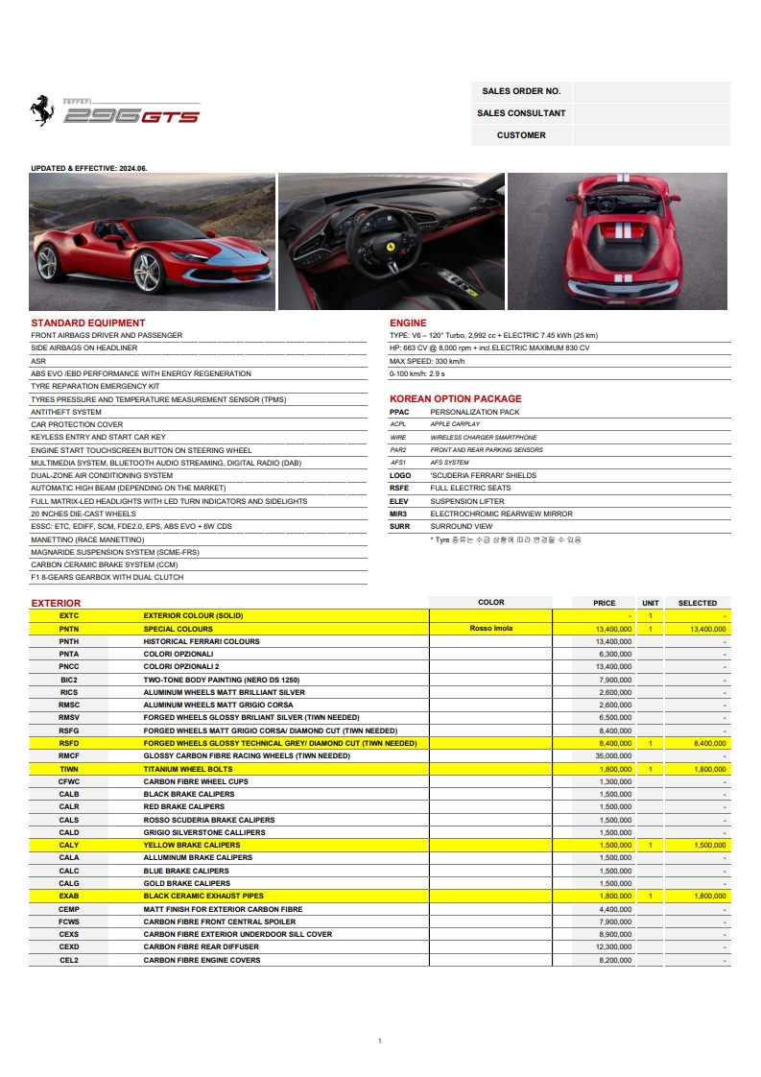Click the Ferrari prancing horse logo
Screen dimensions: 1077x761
(x=42, y=111)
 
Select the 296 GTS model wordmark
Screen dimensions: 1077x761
(x=131, y=116)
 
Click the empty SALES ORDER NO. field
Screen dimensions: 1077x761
(x=651, y=91)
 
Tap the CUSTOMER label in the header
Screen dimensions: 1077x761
(x=521, y=135)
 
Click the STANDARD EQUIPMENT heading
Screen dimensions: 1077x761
(x=88, y=323)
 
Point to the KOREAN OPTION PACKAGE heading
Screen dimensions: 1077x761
(x=455, y=398)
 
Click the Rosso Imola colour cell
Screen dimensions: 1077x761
(x=490, y=629)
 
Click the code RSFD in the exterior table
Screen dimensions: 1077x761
(x=69, y=743)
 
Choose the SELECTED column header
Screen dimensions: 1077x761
(x=697, y=603)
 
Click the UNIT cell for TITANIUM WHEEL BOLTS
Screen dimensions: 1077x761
(x=650, y=769)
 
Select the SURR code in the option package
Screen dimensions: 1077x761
(x=399, y=526)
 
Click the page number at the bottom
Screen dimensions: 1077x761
(x=380, y=1041)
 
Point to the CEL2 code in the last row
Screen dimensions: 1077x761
(x=69, y=960)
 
